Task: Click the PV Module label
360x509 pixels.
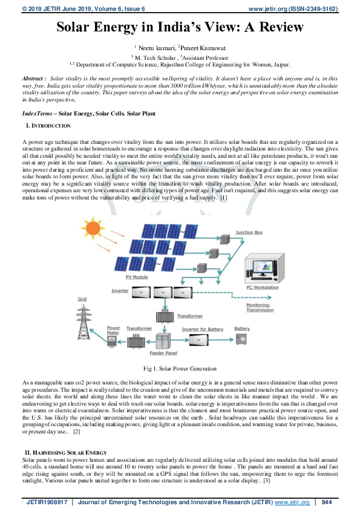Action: [137, 276]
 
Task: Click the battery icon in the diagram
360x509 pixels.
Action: [242, 339]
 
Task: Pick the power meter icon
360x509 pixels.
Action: [112, 342]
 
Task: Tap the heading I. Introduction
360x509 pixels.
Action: [48, 126]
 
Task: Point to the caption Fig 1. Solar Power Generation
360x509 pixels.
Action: [180, 368]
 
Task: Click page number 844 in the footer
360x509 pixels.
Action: [327, 502]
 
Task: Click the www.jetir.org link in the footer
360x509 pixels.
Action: [293, 502]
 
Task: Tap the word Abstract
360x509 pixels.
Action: [32, 79]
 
